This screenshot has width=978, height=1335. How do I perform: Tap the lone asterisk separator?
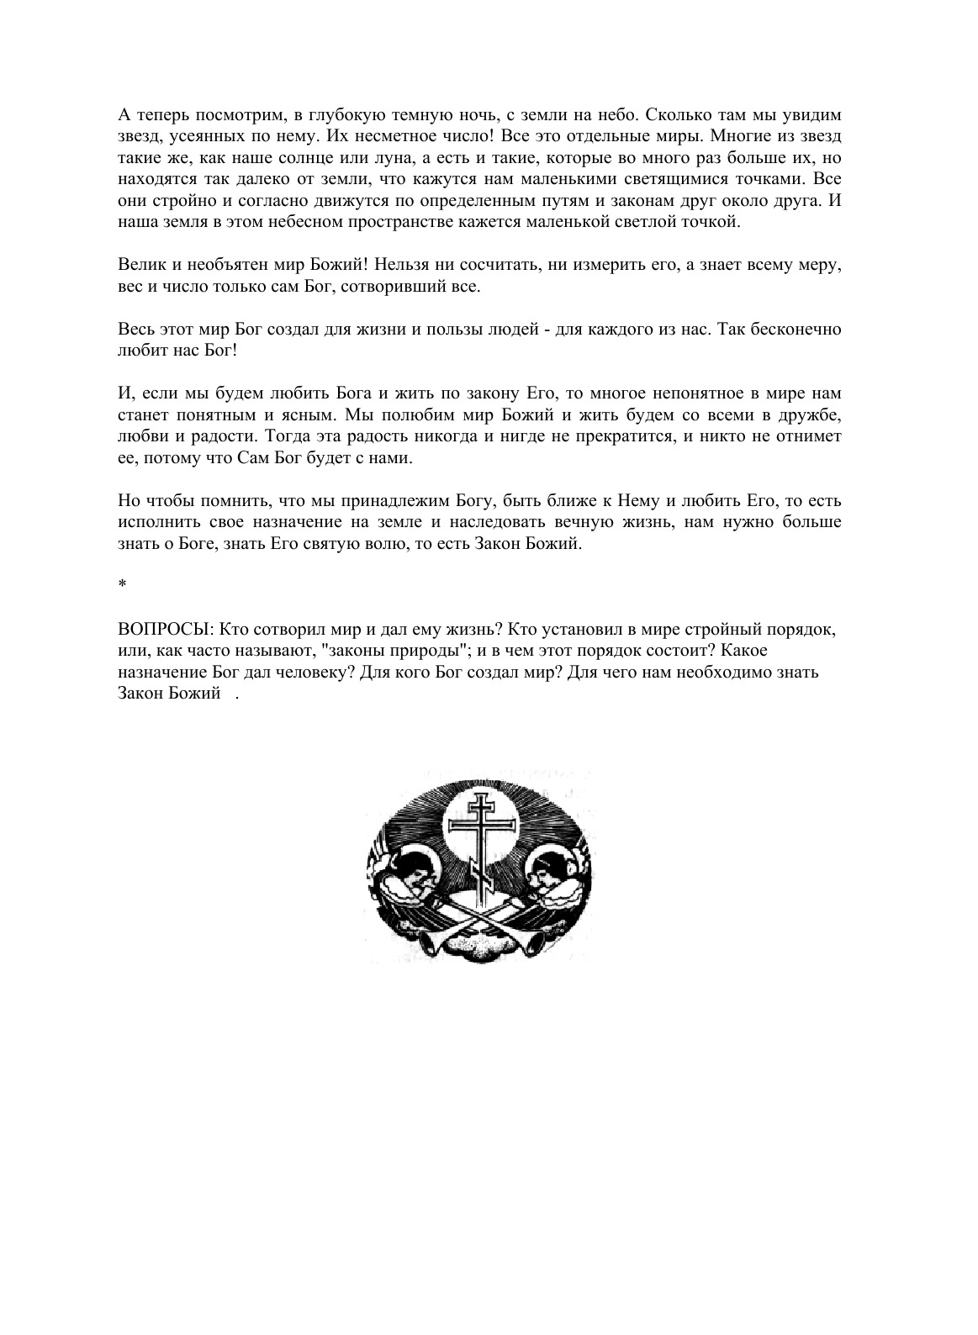pos(122,585)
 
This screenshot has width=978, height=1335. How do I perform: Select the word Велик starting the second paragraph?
pos(138,265)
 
